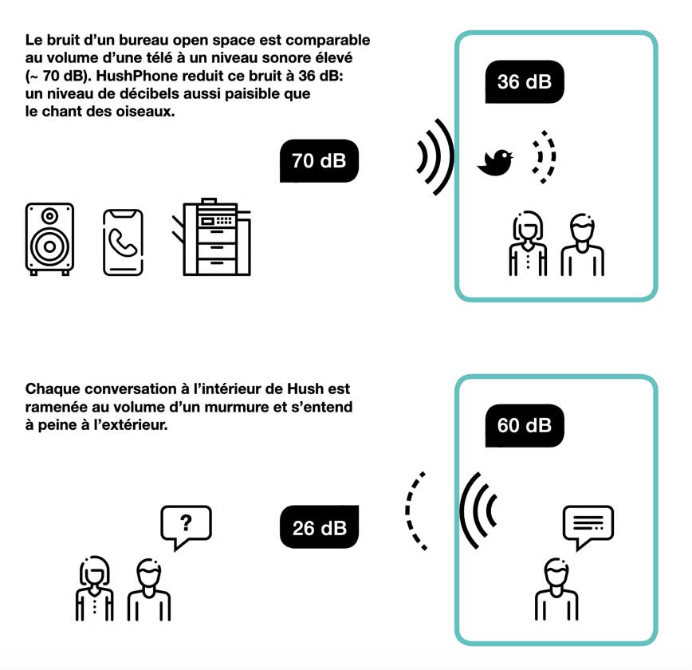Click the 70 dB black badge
point(319,161)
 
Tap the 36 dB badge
point(525,81)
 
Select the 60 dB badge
point(525,425)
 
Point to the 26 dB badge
point(319,527)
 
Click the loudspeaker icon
point(49,239)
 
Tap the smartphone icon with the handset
point(123,242)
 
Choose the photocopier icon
point(211,237)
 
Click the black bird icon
point(495,163)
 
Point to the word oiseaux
point(145,112)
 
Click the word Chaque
point(53,389)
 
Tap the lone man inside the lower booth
point(556,589)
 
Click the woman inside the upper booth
point(528,243)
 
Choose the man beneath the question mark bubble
point(149,589)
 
